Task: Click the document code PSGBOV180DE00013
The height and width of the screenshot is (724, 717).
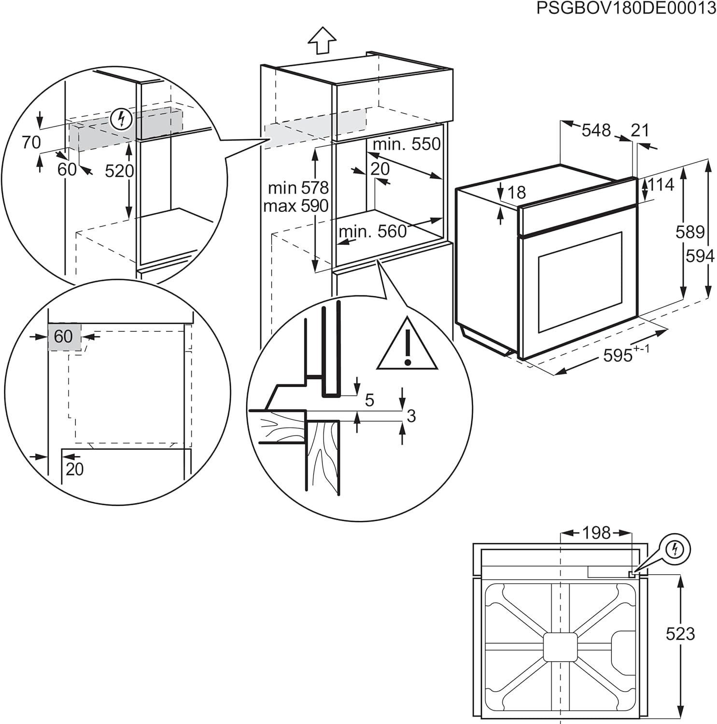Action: click(x=626, y=8)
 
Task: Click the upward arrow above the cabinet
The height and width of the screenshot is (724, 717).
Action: click(x=322, y=40)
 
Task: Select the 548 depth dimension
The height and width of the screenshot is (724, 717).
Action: click(x=596, y=130)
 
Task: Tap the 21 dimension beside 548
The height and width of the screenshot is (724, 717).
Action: click(x=640, y=130)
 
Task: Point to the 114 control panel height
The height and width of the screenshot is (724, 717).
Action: click(x=661, y=184)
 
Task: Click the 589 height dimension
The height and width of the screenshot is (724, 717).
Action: click(x=690, y=232)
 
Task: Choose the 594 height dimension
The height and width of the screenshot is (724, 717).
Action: click(x=700, y=256)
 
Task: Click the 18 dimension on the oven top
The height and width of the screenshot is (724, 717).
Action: click(x=517, y=193)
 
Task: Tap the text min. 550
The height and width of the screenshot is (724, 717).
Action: click(x=407, y=144)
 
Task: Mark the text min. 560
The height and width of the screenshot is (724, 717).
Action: click(x=372, y=232)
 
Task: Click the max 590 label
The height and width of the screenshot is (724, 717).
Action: click(x=295, y=206)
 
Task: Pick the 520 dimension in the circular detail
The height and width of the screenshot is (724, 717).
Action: click(x=119, y=170)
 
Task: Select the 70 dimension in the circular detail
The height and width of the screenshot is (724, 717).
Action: click(x=31, y=142)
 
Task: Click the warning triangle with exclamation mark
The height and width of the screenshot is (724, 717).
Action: click(x=408, y=345)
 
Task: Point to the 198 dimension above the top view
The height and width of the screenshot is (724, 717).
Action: click(x=596, y=533)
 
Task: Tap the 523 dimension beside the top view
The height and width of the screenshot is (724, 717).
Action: click(x=680, y=634)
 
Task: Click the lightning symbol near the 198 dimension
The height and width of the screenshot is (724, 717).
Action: click(x=675, y=549)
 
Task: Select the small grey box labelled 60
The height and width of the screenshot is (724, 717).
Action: click(x=64, y=336)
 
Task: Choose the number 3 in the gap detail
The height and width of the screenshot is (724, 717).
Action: click(x=411, y=416)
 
